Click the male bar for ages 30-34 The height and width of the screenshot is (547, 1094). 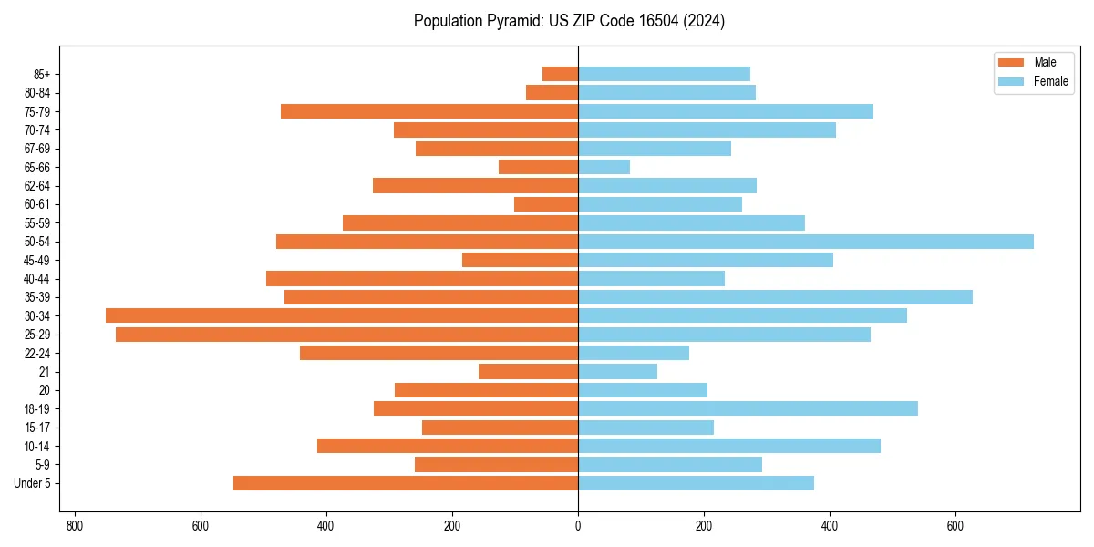click(x=342, y=315)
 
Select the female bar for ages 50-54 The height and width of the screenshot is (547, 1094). click(x=806, y=242)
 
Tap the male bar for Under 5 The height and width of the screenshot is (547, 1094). click(x=406, y=483)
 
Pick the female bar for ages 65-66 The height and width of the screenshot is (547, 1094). click(x=604, y=167)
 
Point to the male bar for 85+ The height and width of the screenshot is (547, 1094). click(x=560, y=74)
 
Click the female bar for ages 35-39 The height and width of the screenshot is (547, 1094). click(x=775, y=297)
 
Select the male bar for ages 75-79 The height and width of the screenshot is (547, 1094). click(x=429, y=111)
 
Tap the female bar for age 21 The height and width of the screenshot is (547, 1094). click(x=617, y=372)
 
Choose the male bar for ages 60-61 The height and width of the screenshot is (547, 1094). click(x=546, y=204)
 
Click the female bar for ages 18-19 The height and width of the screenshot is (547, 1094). click(x=748, y=408)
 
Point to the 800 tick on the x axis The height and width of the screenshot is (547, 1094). click(x=75, y=527)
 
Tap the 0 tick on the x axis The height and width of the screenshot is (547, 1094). click(x=578, y=527)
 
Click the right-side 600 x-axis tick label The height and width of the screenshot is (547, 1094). click(x=955, y=527)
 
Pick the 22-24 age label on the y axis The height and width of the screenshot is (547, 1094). click(x=37, y=354)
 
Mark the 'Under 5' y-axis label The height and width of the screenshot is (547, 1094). click(x=32, y=483)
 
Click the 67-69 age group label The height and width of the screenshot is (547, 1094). click(x=37, y=149)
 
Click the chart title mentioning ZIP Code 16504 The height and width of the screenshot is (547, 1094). click(x=569, y=21)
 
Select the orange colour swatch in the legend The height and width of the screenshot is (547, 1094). click(x=1011, y=62)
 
